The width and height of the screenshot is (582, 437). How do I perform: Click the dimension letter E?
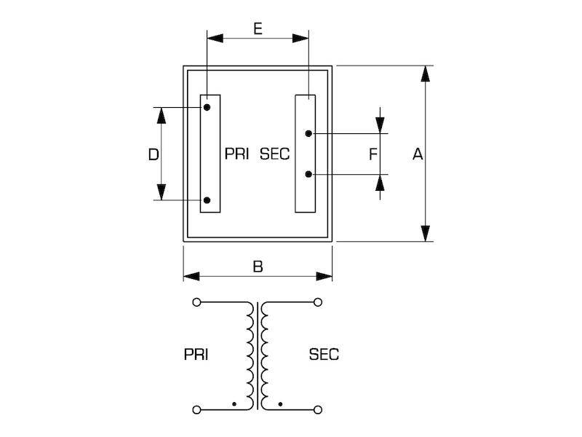258,28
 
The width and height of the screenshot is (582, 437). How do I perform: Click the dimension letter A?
418,154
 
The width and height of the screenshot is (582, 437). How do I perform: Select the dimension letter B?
258,267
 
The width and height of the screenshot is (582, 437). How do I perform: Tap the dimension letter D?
154,154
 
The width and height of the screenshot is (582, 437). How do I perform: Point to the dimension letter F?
373,154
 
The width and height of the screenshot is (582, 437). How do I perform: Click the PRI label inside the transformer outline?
237,154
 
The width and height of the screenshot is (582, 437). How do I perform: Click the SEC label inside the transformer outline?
275,154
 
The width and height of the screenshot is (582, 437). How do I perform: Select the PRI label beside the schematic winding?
196,355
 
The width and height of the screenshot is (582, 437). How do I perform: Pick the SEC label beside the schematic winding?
324,355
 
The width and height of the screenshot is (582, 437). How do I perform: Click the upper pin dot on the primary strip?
207,107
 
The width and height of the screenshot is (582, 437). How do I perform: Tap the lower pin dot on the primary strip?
207,200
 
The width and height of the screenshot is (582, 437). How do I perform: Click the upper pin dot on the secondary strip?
308,133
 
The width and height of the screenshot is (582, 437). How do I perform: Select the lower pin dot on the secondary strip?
308,174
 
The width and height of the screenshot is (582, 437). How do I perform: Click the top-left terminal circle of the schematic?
196,302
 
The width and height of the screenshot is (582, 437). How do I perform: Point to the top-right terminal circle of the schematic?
318,302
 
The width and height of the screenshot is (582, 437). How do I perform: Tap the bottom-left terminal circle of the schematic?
196,410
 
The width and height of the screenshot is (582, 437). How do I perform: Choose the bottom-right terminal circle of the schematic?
318,410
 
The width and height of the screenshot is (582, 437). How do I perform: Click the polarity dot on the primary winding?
234,404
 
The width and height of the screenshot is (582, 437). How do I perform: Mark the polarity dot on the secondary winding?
280,404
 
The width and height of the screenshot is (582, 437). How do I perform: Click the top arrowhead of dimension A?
426,74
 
